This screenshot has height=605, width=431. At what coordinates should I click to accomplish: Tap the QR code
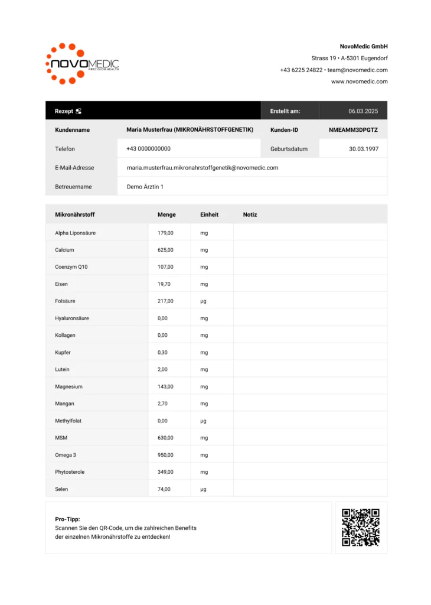[x=361, y=528]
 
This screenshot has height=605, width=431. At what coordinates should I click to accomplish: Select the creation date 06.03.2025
[x=363, y=111]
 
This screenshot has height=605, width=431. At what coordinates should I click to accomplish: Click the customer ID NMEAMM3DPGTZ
[x=353, y=130]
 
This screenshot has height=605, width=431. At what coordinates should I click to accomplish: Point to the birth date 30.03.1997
[x=364, y=149]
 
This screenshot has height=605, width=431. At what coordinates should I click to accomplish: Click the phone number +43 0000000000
[x=149, y=149]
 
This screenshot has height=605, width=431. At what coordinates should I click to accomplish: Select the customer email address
[x=203, y=168]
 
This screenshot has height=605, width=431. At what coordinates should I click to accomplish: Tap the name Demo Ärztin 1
[x=145, y=187]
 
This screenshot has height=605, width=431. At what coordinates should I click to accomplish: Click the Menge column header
[x=166, y=214]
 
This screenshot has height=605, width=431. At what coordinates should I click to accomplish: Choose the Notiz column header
[x=250, y=214]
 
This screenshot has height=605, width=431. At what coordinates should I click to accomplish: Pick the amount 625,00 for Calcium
[x=165, y=250]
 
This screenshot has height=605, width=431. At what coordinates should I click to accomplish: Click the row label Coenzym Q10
[x=71, y=267]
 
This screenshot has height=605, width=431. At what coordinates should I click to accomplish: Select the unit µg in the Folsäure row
[x=203, y=301]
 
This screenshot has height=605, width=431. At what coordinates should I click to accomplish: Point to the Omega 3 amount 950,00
[x=165, y=455]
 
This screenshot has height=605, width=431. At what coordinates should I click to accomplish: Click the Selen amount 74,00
[x=164, y=489]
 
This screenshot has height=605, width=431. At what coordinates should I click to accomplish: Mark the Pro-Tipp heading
[x=67, y=519]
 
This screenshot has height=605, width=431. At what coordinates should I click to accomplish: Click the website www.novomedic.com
[x=359, y=82]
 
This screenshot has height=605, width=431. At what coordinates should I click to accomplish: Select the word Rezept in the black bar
[x=64, y=111]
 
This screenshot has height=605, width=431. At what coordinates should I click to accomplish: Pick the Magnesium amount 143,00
[x=165, y=386]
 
